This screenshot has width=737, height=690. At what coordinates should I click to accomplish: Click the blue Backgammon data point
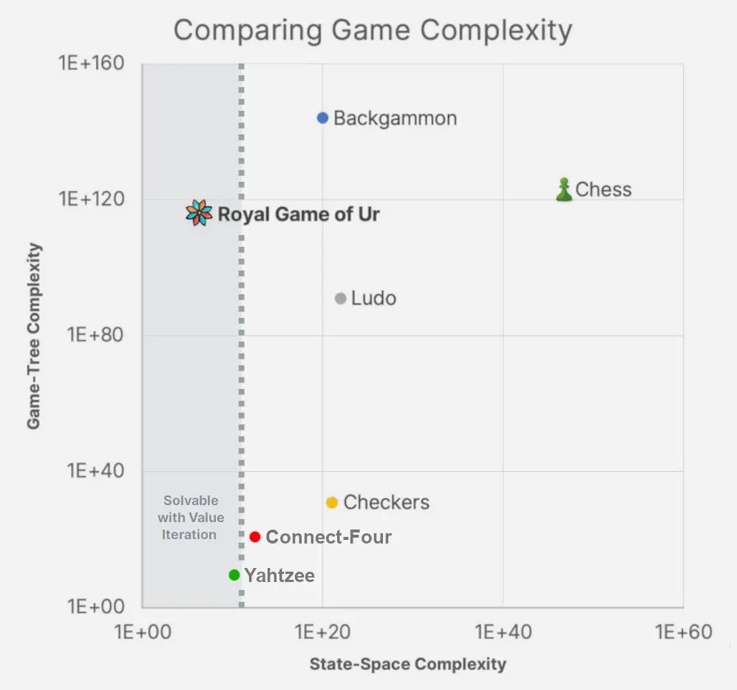(322, 118)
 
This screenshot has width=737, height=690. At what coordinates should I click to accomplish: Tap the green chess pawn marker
(564, 190)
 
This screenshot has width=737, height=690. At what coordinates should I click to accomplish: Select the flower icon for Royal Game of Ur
(199, 213)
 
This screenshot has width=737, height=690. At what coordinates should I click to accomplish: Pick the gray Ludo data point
(340, 299)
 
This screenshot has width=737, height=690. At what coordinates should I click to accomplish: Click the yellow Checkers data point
(332, 503)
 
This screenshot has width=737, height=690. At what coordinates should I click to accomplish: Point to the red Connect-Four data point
(255, 537)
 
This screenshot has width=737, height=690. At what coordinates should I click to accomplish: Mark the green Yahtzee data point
(234, 575)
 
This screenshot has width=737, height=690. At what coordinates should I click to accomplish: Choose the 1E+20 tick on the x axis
(322, 632)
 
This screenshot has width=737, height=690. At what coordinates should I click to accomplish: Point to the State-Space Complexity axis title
(407, 663)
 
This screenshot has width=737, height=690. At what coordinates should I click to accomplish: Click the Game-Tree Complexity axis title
(33, 336)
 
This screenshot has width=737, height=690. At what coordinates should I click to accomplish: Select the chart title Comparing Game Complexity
(373, 30)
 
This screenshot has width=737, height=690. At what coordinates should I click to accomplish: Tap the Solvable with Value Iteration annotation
(191, 517)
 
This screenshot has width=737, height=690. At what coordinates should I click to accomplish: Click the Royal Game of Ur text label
(299, 214)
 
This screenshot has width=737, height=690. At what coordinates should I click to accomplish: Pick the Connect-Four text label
(328, 538)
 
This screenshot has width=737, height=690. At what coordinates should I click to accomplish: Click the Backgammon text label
(395, 118)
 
